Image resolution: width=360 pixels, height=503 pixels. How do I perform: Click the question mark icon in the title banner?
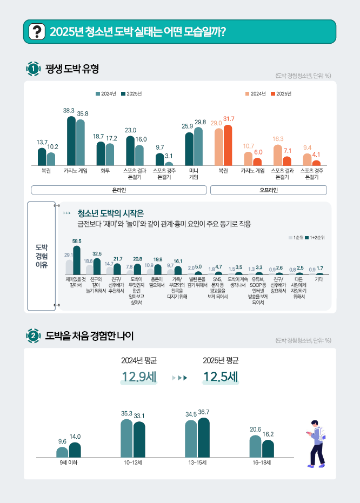[x=36, y=31]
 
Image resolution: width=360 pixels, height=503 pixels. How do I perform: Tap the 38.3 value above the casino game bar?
[x=69, y=110]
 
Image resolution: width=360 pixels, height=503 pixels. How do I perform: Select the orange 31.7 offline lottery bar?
[x=228, y=145]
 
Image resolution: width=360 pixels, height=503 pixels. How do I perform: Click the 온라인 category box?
[x=119, y=190]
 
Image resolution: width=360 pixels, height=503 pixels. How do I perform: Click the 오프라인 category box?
[x=268, y=190]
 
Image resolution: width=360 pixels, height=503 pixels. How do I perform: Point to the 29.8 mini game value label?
[x=200, y=122]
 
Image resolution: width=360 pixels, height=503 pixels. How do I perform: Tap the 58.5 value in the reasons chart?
[x=77, y=241]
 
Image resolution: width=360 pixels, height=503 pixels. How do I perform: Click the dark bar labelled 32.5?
[x=97, y=266]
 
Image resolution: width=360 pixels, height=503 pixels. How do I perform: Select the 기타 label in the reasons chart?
[x=319, y=279]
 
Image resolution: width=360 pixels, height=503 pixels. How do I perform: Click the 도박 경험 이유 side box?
[x=41, y=256]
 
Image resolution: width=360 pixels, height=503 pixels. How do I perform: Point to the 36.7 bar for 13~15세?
[x=204, y=437]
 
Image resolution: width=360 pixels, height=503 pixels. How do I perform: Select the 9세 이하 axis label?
[x=68, y=462]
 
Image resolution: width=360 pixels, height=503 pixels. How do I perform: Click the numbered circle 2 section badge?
[x=33, y=336]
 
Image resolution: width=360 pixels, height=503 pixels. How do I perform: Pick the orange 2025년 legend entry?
[x=282, y=94]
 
